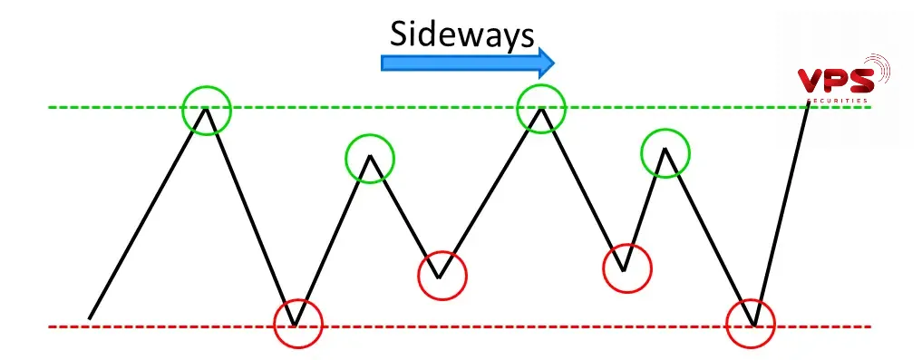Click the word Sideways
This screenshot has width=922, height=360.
(461, 34)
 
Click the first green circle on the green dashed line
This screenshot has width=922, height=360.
(207, 110)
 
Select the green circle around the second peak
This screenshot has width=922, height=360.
(370, 159)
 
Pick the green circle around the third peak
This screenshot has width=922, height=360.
(541, 107)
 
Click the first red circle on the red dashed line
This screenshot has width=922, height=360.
(297, 323)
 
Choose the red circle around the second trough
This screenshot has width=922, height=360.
(442, 274)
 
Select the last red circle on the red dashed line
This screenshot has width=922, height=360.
(752, 323)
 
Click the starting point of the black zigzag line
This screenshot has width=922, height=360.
(90, 318)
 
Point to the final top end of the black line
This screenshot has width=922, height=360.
(808, 104)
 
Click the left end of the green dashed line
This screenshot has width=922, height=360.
(52, 107)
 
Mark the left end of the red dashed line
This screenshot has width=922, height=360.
(52, 326)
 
